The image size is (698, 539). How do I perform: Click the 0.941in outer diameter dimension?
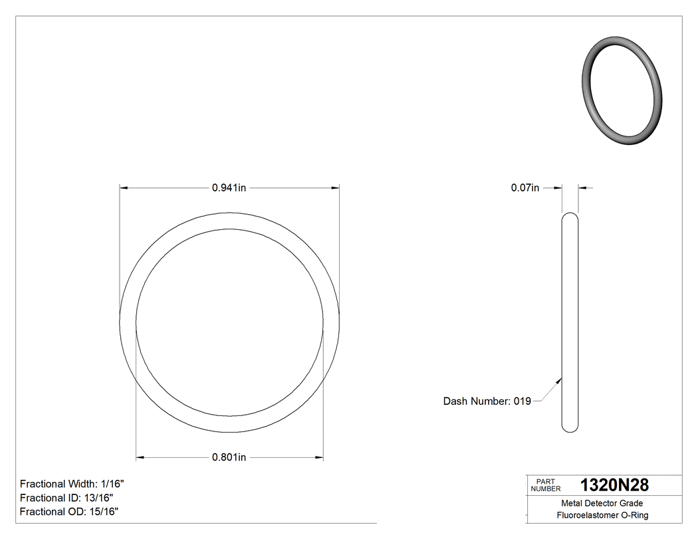pos(229,188)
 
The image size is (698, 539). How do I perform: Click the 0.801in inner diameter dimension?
pos(229,457)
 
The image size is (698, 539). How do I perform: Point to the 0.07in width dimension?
pos(524,188)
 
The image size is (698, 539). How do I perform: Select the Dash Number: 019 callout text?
pos(487,401)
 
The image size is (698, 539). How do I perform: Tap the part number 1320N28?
pos(614,485)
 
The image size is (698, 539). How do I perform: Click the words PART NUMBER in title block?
pos(546,485)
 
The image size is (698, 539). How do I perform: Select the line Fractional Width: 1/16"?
pos(72,484)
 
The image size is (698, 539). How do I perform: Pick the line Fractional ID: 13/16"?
pos(66,498)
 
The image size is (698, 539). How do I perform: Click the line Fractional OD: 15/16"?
pos(69,512)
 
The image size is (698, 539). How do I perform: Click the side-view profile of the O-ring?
pos(570,322)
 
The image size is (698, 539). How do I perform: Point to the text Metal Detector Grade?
pos(602,503)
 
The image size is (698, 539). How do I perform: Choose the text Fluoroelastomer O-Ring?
pos(602,515)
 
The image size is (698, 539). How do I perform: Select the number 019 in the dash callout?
pos(522,401)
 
